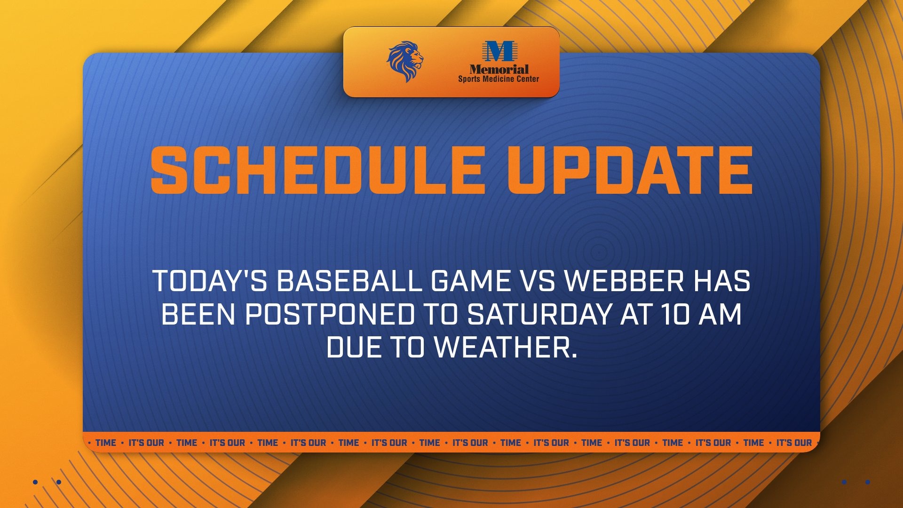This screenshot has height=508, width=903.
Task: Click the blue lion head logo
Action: pyautogui.click(x=405, y=62)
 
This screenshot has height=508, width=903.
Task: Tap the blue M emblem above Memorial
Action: pyautogui.click(x=499, y=51)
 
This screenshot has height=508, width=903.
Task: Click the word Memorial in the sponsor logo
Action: pyautogui.click(x=499, y=69)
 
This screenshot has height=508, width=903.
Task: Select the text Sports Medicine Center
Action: pyautogui.click(x=499, y=79)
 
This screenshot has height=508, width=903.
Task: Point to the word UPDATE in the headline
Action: pyautogui.click(x=630, y=170)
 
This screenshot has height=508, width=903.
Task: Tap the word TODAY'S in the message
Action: pyautogui.click(x=210, y=281)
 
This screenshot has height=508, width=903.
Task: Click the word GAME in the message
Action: pyautogui.click(x=470, y=281)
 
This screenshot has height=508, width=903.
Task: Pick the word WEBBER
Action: pyautogui.click(x=624, y=281)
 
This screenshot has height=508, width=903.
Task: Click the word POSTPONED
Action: pyautogui.click(x=330, y=314)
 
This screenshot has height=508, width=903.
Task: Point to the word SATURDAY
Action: pyautogui.click(x=539, y=314)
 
